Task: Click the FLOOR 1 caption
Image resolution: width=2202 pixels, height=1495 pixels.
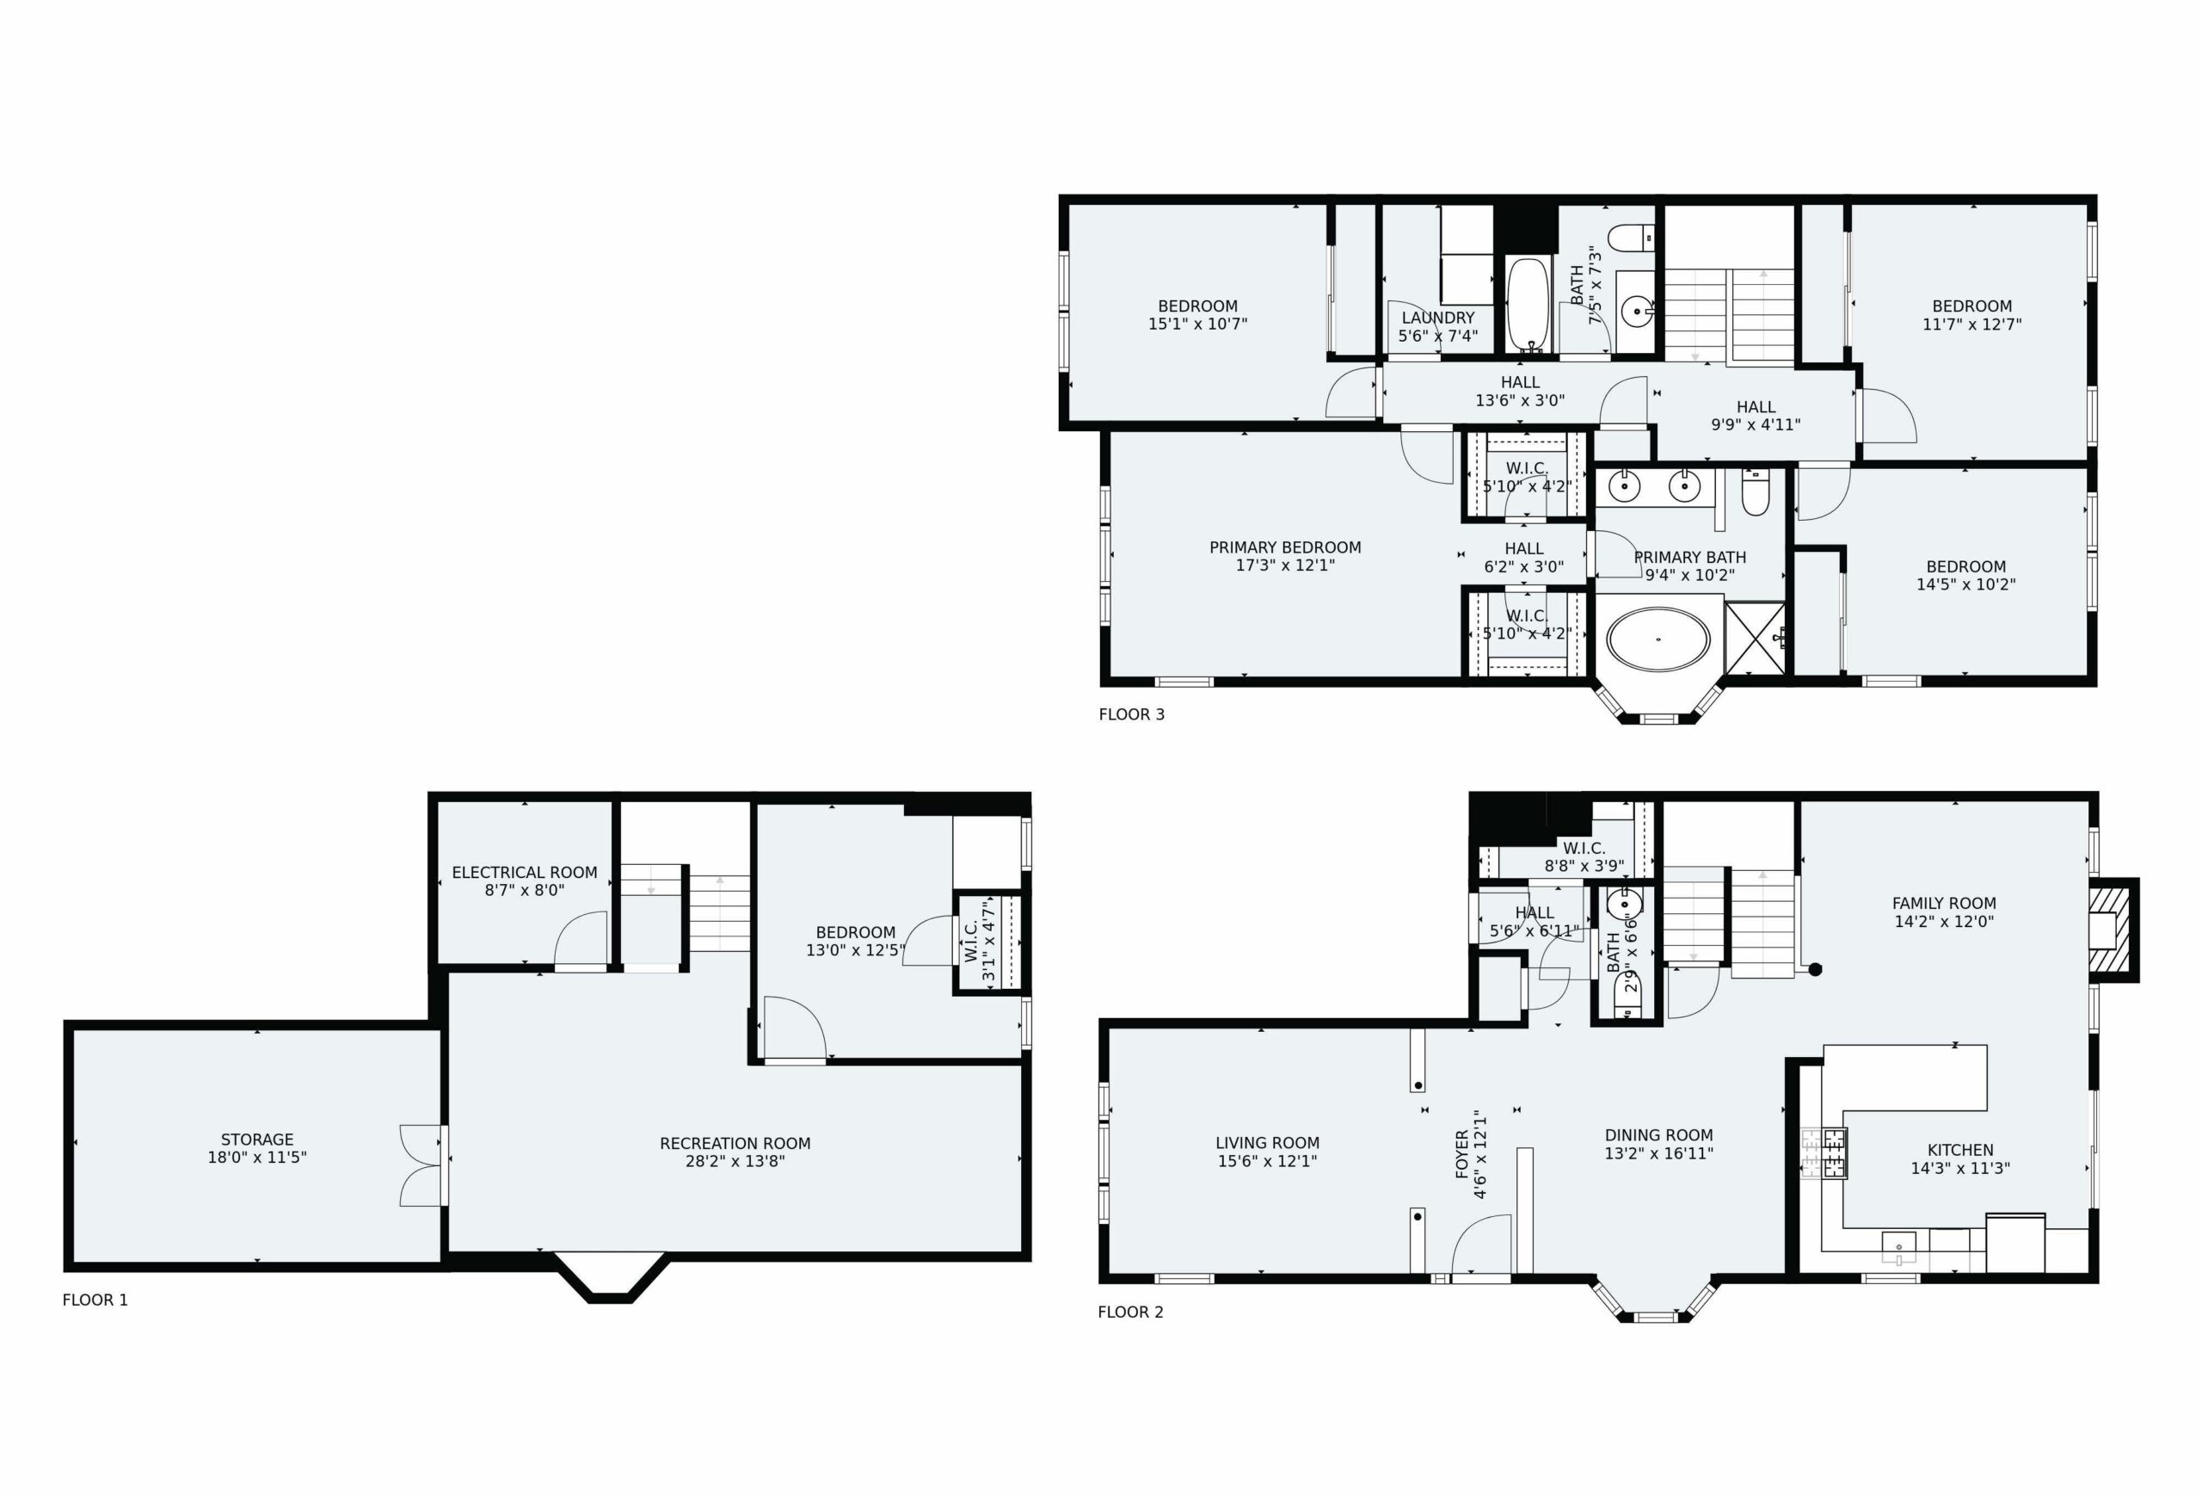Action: tap(95, 1300)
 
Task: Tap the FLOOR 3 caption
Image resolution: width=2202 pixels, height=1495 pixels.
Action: tap(1131, 714)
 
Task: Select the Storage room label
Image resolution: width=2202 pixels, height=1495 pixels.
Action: tap(257, 1140)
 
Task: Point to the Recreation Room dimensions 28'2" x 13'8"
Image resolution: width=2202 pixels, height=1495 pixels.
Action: tap(735, 1161)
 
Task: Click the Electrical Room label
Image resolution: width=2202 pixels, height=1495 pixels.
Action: tap(525, 872)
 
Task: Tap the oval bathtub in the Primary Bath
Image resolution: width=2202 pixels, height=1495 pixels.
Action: tap(1658, 639)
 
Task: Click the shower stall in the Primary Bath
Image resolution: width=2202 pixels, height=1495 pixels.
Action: tap(1755, 638)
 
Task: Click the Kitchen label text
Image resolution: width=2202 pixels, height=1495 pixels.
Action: tap(1959, 1150)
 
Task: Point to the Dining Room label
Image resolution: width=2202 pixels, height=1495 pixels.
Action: tap(1659, 1134)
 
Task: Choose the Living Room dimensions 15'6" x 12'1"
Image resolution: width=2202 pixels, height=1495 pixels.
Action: tap(1268, 1161)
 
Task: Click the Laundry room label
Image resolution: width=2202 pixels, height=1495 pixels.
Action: tap(1438, 318)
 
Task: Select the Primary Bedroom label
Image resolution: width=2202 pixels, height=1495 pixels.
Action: tap(1285, 547)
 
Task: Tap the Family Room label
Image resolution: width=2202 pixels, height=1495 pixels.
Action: tap(1944, 904)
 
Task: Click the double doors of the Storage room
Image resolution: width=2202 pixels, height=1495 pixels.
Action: tap(422, 1165)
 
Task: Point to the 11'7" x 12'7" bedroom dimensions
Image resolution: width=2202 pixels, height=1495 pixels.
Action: tap(1971, 324)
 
